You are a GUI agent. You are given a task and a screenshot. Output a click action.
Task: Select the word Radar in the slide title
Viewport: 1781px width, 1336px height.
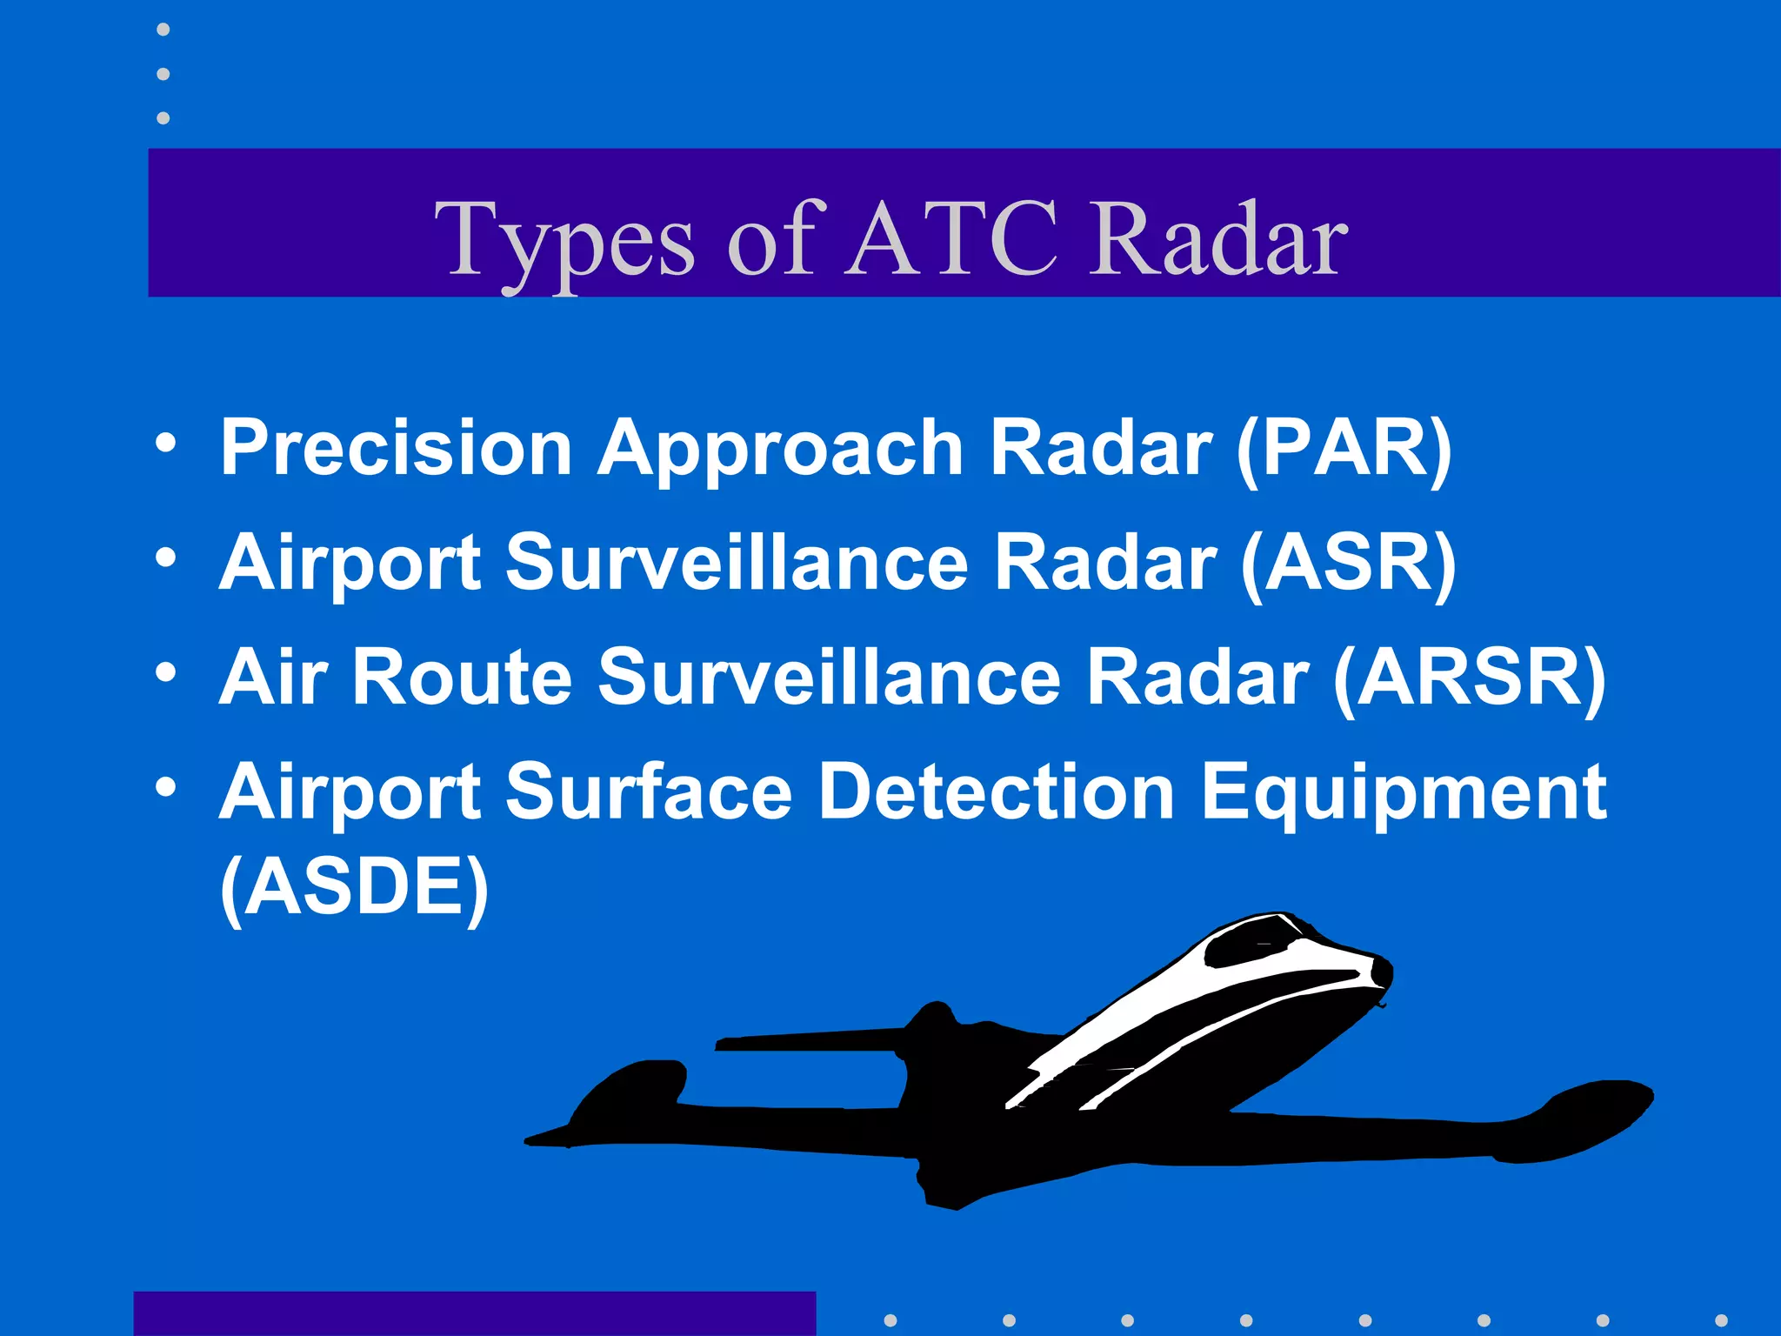coord(1217,239)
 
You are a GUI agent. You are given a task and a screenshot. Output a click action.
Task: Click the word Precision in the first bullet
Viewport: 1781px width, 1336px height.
coord(396,447)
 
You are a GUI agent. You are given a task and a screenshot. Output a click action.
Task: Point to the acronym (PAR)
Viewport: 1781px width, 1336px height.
coord(1344,447)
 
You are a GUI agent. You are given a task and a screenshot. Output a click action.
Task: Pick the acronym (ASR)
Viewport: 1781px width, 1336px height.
coord(1348,563)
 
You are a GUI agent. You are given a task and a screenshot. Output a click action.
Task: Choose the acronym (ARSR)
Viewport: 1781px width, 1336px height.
coord(1470,678)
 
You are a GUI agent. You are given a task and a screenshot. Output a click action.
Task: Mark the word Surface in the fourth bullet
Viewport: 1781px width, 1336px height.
coord(648,792)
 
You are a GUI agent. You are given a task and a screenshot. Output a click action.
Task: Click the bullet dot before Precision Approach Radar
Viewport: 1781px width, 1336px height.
coord(165,444)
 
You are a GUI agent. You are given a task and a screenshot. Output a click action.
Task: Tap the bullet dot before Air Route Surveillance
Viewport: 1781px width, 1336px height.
coord(165,672)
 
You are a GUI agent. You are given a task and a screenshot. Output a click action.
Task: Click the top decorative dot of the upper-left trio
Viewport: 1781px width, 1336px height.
coord(163,30)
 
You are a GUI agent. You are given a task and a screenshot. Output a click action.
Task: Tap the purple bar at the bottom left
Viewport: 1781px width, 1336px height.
coord(474,1313)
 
